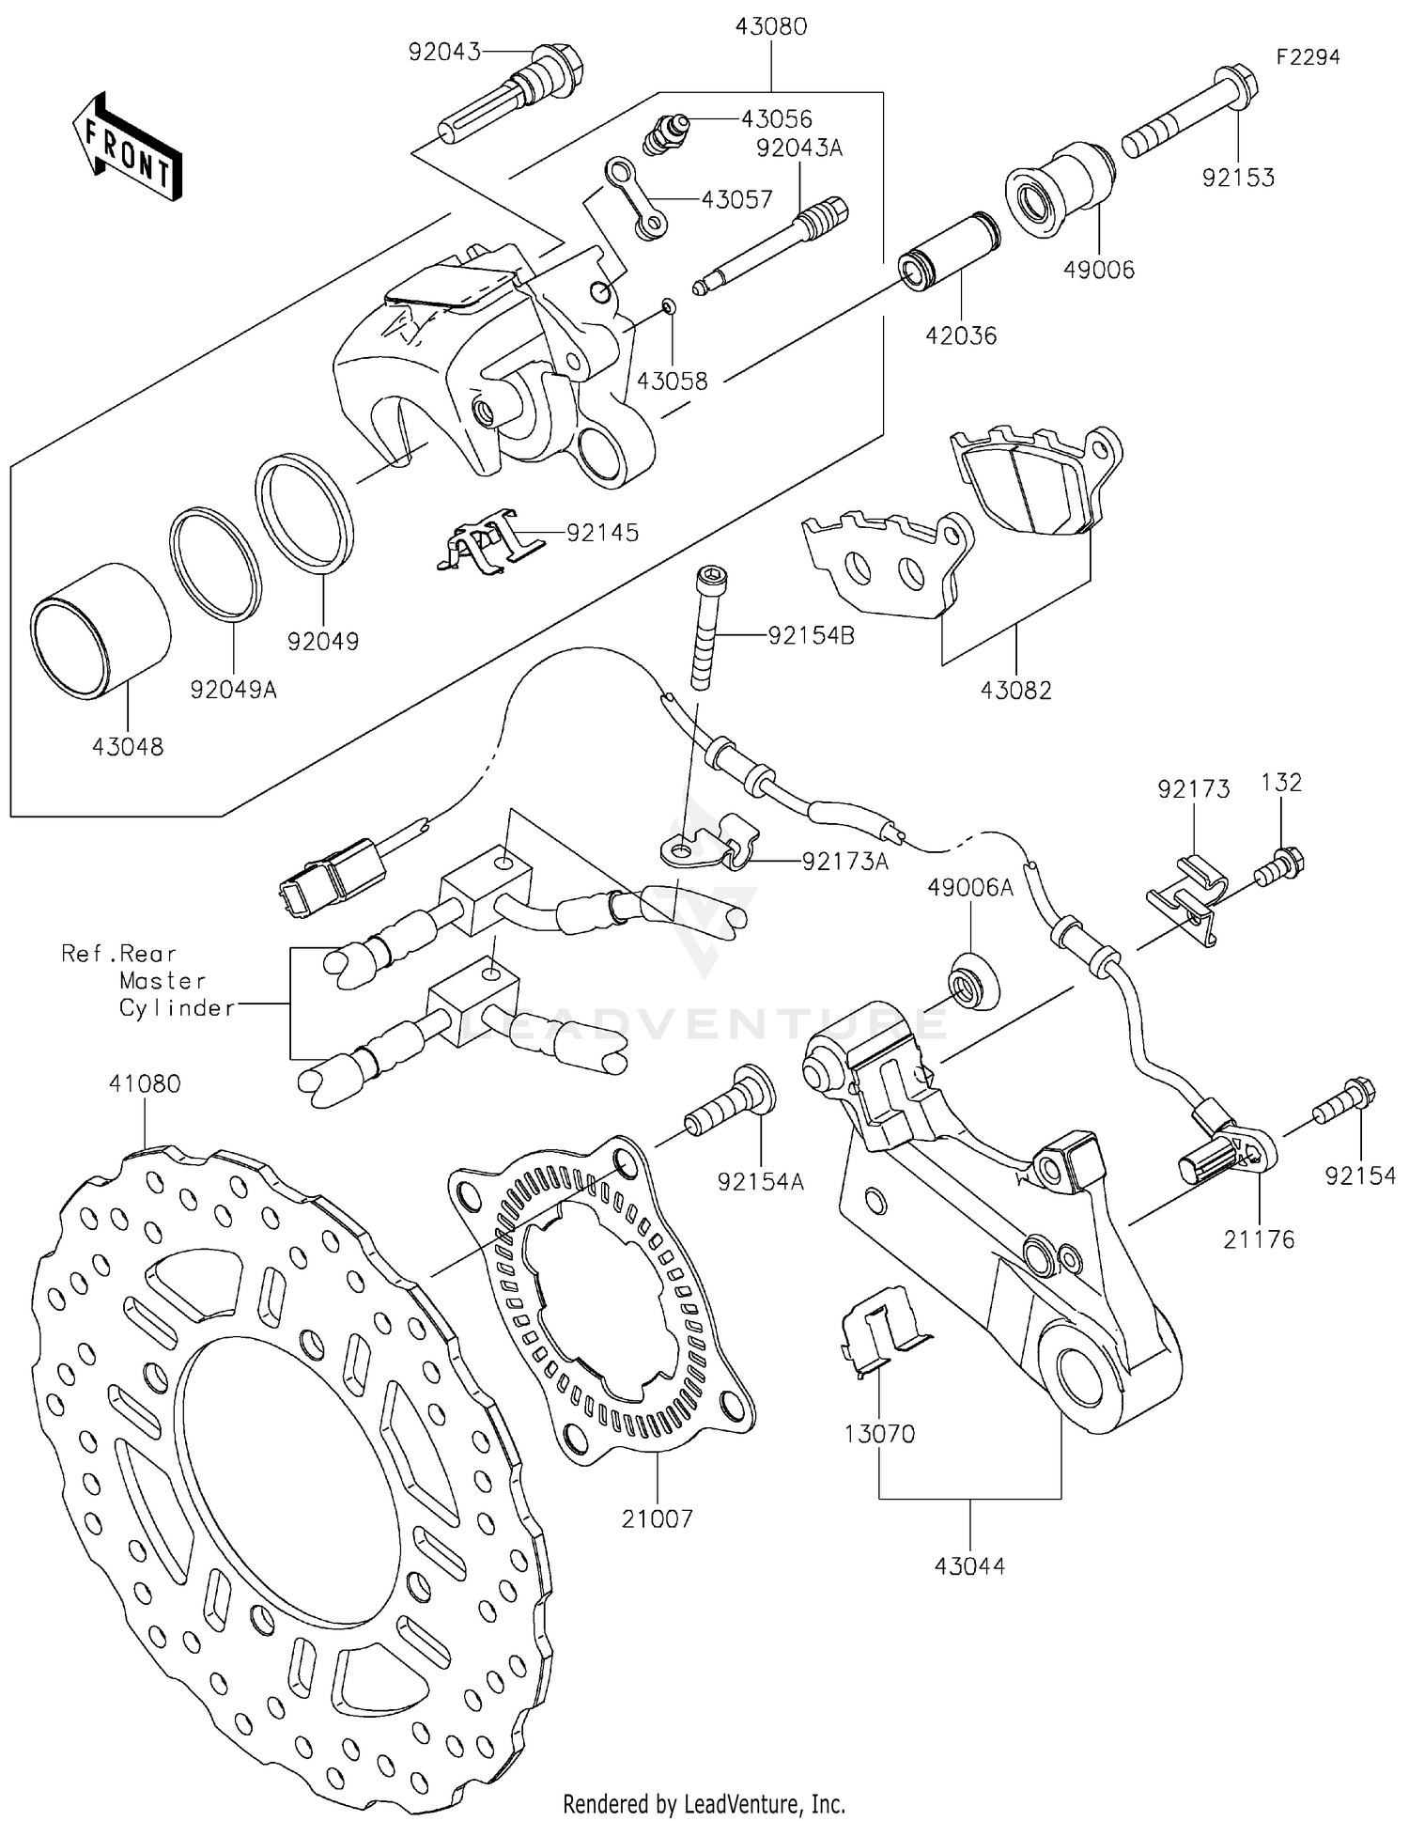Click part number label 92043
click(443, 52)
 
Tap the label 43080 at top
click(771, 26)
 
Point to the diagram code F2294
click(1307, 57)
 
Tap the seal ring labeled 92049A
click(215, 565)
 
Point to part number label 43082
click(1015, 691)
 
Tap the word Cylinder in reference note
click(177, 1008)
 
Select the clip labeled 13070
click(878, 1330)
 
